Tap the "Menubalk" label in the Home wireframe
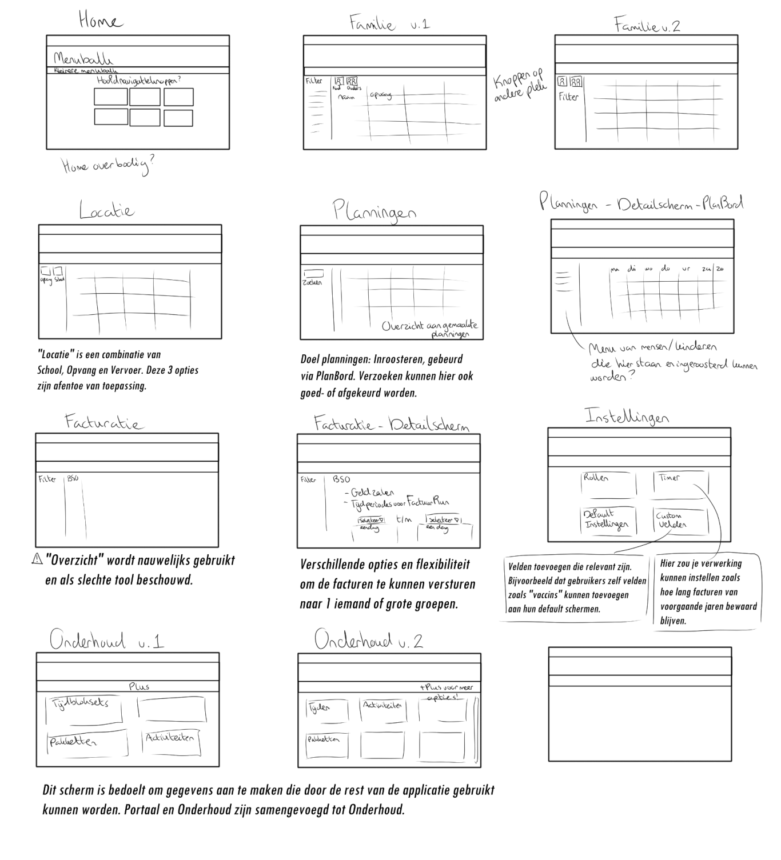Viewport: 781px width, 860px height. [83, 58]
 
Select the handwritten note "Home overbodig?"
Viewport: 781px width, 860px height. [107, 165]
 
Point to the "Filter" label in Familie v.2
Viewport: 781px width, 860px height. [568, 97]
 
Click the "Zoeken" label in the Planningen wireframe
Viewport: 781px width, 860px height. [312, 282]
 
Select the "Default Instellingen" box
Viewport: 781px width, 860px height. [608, 520]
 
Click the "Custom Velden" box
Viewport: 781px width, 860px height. [680, 520]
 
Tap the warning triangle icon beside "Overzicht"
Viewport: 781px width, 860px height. [37, 559]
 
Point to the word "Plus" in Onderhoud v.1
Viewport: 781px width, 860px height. [139, 686]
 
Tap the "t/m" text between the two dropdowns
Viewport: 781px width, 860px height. [404, 519]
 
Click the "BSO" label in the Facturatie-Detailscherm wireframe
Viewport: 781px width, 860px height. [341, 479]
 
